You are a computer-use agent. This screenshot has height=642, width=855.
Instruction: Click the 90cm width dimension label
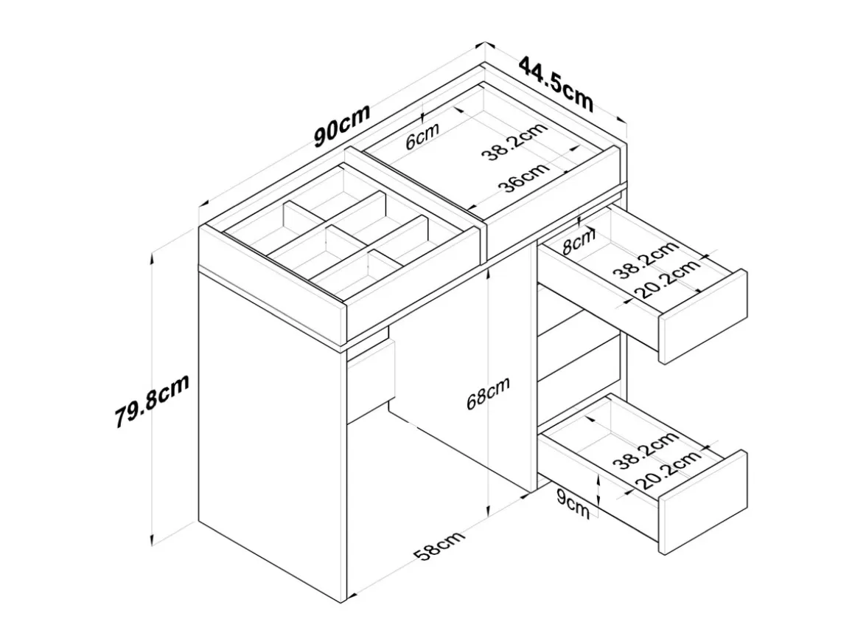(343, 125)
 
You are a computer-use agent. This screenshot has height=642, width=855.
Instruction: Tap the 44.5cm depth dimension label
(556, 83)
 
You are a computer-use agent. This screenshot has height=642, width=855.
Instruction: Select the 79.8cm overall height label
(152, 401)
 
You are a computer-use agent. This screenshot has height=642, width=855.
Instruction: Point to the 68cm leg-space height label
(488, 393)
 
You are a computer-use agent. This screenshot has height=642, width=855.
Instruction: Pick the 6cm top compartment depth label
(422, 137)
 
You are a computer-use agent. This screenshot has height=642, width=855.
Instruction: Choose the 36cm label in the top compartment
(523, 177)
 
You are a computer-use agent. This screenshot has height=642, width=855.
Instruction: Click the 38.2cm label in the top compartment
(514, 142)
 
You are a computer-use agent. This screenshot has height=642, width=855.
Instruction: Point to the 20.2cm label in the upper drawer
(668, 278)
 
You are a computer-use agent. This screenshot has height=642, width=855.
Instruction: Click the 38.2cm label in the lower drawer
(646, 450)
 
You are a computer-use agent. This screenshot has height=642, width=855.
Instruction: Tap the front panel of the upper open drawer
(703, 317)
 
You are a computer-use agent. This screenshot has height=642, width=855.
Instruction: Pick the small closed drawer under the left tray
(370, 382)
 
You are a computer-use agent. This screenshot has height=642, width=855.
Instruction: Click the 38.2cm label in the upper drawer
(646, 259)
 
